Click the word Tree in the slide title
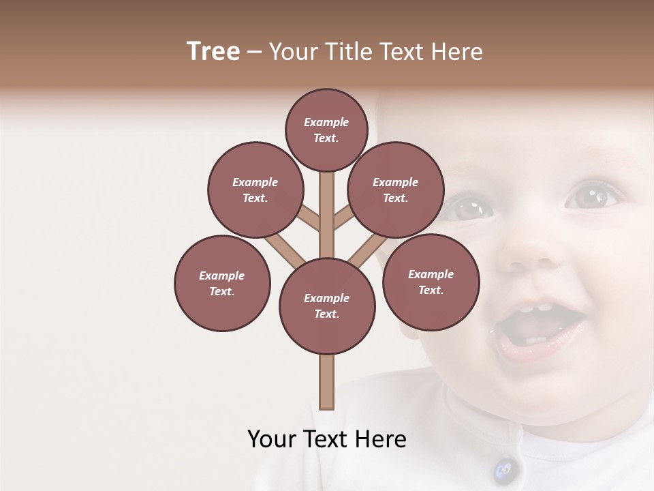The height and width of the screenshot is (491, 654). (213, 52)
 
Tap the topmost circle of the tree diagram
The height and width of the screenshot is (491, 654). (326, 130)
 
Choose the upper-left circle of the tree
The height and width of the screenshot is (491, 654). (255, 190)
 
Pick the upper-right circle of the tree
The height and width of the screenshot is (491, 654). (396, 190)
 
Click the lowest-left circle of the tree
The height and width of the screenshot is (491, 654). (222, 283)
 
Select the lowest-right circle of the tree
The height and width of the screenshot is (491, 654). (431, 282)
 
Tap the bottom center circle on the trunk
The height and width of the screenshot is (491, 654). (327, 306)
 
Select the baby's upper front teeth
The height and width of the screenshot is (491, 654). (535, 308)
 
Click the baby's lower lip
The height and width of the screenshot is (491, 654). (538, 351)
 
